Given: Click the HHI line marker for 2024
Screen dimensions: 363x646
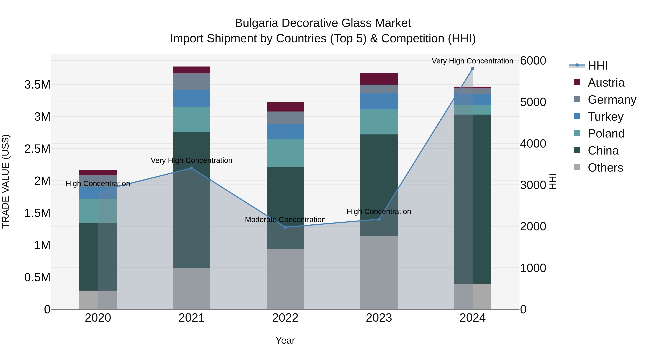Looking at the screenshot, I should click(472, 69).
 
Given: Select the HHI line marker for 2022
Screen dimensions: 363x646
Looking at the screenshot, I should click(285, 227).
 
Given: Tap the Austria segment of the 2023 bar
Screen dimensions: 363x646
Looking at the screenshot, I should click(379, 79).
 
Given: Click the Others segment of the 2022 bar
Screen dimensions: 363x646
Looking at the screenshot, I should click(285, 279).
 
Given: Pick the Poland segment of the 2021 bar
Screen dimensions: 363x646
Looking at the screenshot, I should click(192, 119).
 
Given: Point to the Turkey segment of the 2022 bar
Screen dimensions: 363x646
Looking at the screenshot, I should click(285, 132).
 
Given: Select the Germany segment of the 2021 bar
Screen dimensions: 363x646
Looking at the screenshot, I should click(192, 81).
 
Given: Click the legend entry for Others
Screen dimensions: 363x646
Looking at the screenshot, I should click(605, 168).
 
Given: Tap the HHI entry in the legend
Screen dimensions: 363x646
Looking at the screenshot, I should click(597, 66).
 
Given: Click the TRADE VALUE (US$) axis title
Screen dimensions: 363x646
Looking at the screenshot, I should click(6, 181).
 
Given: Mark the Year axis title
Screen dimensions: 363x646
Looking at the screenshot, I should click(285, 340).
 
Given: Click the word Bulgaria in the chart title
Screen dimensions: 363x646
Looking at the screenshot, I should click(256, 23).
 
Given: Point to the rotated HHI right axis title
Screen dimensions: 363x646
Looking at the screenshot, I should click(553, 181).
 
